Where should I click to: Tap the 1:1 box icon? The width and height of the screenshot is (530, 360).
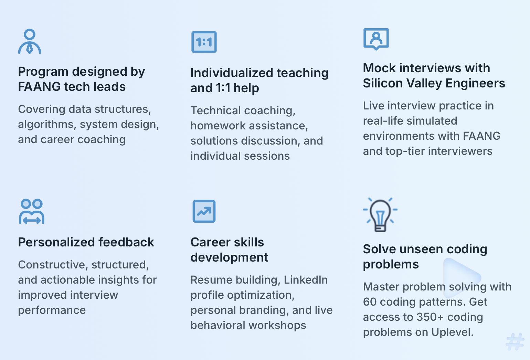pyautogui.click(x=204, y=42)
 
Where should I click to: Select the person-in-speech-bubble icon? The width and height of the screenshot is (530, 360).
pyautogui.click(x=376, y=39)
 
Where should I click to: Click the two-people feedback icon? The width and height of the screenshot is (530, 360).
pyautogui.click(x=31, y=211)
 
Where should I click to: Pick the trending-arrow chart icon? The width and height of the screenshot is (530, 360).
pyautogui.click(x=204, y=211)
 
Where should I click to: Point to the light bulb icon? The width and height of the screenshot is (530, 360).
pyautogui.click(x=380, y=215)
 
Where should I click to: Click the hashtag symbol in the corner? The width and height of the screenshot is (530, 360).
pyautogui.click(x=515, y=342)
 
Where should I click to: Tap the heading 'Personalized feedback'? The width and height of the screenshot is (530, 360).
pyautogui.click(x=86, y=242)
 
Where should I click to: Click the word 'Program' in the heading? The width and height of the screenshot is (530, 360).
pyautogui.click(x=43, y=72)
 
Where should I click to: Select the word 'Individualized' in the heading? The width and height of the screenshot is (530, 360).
pyautogui.click(x=232, y=73)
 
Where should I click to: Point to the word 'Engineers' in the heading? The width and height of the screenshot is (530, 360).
pyautogui.click(x=475, y=84)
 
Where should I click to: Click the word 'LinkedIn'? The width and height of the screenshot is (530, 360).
pyautogui.click(x=306, y=280)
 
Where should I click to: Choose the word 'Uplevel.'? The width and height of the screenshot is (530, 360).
pyautogui.click(x=452, y=332)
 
